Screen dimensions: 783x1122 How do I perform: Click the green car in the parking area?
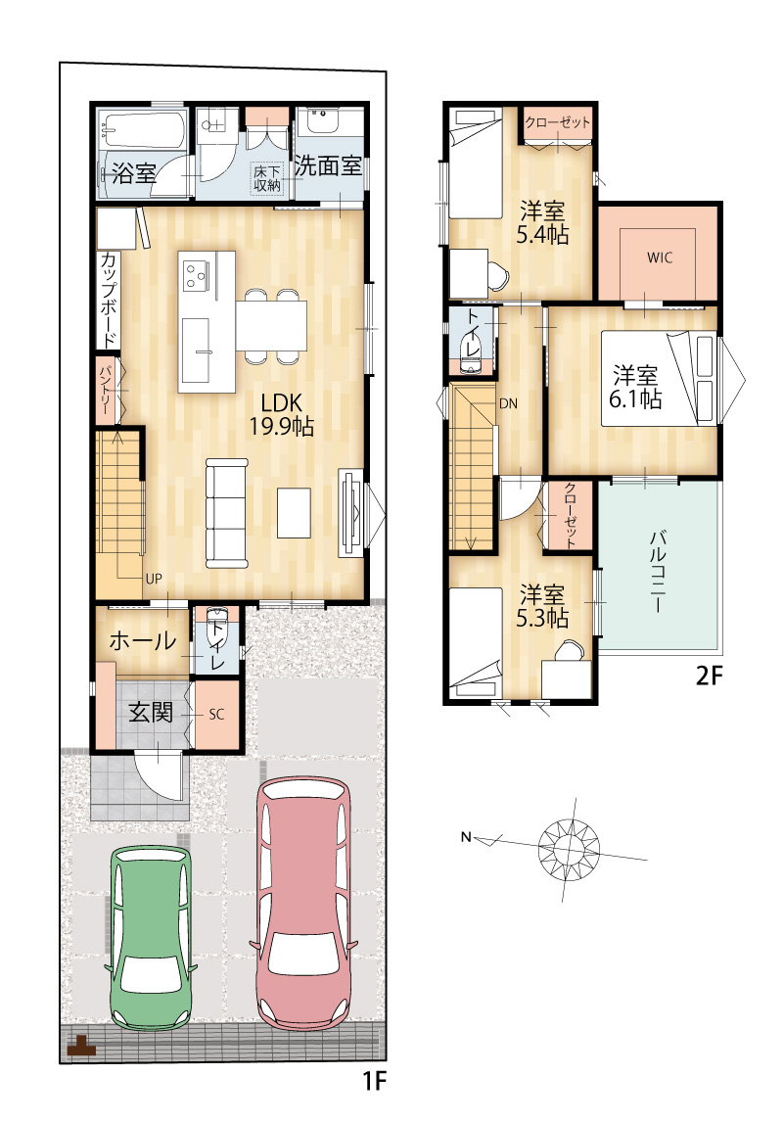151,938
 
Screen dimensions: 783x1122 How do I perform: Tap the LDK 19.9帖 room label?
281,414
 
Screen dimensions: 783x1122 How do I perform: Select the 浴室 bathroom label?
134,172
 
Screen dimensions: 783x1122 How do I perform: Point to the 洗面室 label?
328,166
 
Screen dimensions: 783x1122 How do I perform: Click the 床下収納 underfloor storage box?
268,178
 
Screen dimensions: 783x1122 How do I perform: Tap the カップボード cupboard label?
110,299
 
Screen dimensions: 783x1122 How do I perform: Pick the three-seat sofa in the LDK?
227,513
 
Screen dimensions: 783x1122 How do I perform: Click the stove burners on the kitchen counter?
195,275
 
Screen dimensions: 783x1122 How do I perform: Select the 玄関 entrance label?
150,713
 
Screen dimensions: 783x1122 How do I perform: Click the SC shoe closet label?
216,714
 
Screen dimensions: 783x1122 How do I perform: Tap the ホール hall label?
142,640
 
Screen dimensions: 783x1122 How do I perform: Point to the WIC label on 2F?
660,257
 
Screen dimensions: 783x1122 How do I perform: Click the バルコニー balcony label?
657,571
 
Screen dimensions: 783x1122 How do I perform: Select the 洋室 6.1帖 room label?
635,387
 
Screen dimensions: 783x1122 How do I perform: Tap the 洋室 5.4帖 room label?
543,222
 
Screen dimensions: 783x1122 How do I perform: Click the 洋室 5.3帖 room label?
543,606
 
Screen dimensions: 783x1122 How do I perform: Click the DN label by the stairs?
508,404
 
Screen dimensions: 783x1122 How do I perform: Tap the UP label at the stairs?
154,579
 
